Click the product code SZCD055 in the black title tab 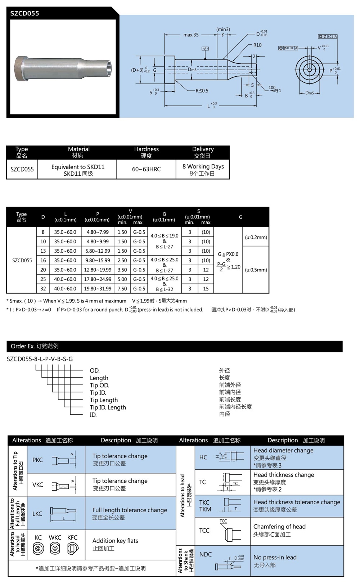click(24, 14)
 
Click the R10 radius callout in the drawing click(257, 45)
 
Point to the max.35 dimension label click(191, 35)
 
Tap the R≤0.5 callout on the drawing click(202, 91)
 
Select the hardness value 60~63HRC click(146, 169)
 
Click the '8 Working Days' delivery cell click(203, 167)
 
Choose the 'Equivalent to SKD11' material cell click(78, 167)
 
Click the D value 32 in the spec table click(43, 288)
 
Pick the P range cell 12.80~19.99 click(98, 270)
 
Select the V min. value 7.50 click(122, 288)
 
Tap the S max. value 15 click(206, 288)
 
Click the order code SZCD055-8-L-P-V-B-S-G click(40, 359)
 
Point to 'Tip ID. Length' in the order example click(108, 407)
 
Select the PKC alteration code click(37, 460)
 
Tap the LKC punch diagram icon click(63, 513)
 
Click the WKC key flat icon click(55, 549)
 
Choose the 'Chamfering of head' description click(279, 527)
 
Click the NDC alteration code click(206, 554)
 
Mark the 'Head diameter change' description click(283, 450)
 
